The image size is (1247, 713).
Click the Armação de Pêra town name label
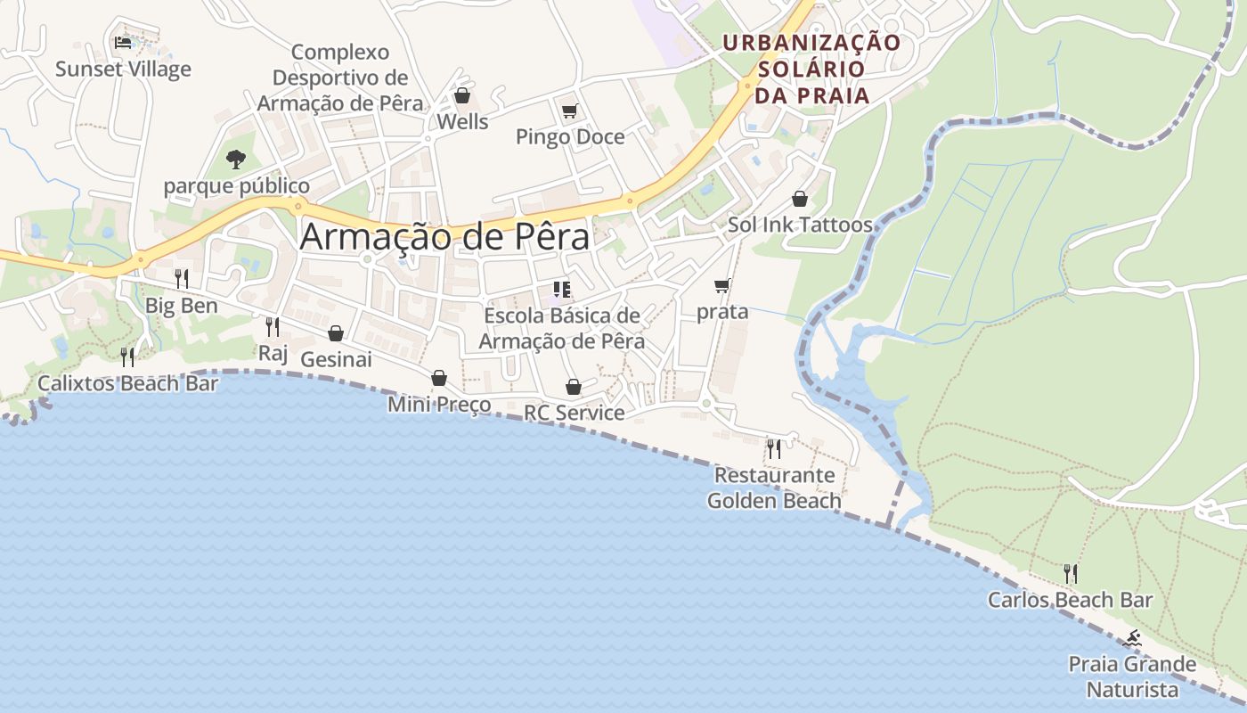tap(444, 237)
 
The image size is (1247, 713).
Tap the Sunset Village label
tap(123, 69)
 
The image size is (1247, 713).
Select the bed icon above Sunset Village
tap(124, 42)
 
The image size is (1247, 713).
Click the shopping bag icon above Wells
tap(461, 94)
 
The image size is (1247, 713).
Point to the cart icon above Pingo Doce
tap(569, 111)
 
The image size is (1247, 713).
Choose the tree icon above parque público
tap(236, 160)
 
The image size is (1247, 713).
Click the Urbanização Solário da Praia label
tap(811, 69)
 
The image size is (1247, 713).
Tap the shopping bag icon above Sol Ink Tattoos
tap(800, 199)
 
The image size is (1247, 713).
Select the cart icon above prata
tap(722, 286)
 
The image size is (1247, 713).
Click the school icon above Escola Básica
tap(561, 289)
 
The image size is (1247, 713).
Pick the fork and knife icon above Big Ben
tap(182, 279)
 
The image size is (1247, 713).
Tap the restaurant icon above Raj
tap(273, 327)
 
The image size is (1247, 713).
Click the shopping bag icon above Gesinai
tap(336, 333)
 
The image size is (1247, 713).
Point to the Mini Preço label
tap(439, 405)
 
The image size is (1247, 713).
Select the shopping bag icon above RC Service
tap(574, 387)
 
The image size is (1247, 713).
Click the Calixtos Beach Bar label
tap(127, 383)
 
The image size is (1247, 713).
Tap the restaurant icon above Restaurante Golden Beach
tap(774, 448)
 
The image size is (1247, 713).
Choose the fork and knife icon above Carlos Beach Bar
tap(1071, 573)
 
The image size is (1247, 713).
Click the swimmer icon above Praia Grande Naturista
tap(1132, 638)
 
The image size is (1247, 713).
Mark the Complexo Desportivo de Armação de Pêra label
tap(340, 78)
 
